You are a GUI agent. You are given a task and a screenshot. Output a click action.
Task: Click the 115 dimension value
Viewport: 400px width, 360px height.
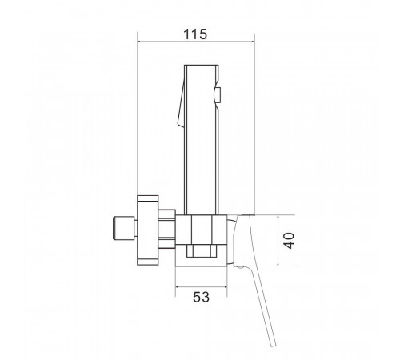(x=195, y=34)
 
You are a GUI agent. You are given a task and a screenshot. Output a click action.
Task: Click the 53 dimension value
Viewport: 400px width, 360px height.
(x=202, y=297)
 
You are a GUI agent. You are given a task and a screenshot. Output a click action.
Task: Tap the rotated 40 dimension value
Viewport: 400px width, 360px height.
(x=289, y=241)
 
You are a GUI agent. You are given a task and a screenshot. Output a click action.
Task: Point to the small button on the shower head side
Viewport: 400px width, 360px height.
(x=218, y=95)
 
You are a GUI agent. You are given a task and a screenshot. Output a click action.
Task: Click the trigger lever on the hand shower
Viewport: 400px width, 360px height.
(x=181, y=105)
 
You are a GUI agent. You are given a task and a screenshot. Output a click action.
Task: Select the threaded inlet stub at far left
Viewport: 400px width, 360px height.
(x=124, y=228)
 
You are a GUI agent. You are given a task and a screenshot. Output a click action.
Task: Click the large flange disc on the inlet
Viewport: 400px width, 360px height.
(x=148, y=230)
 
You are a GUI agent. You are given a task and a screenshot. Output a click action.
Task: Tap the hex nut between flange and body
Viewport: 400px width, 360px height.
(x=166, y=229)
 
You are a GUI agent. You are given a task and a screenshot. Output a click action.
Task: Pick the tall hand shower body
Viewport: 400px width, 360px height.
(x=202, y=139)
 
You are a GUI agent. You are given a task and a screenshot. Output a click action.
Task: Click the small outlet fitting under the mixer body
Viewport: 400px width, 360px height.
(x=202, y=251)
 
